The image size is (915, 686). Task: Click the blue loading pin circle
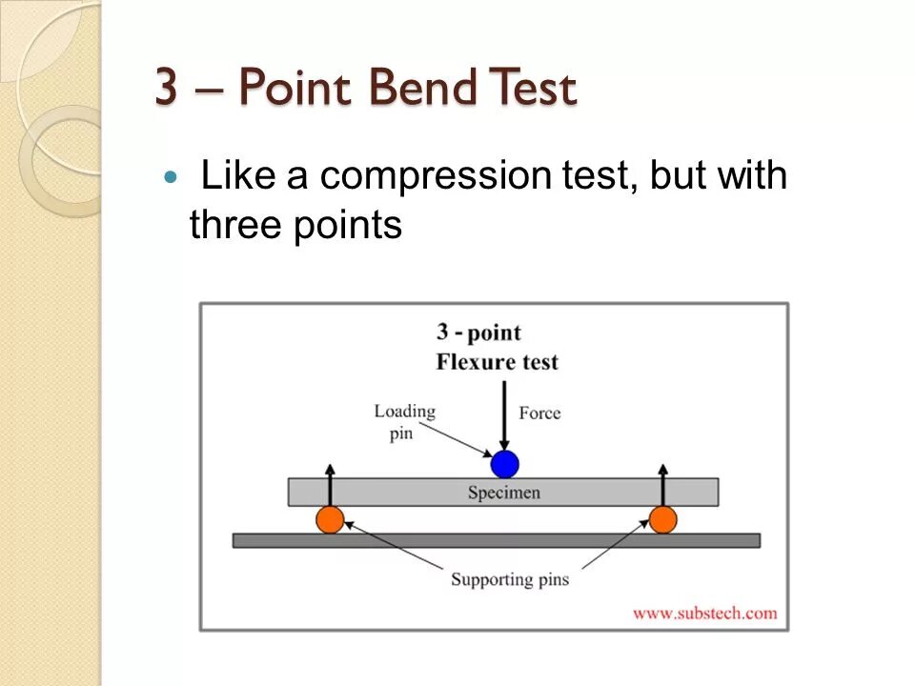click(x=504, y=464)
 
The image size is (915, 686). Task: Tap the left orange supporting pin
click(x=330, y=519)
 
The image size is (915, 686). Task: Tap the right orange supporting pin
click(x=662, y=519)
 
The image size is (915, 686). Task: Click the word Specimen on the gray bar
click(x=503, y=493)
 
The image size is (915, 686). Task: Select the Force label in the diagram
click(x=539, y=413)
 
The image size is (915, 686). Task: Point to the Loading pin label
click(x=404, y=421)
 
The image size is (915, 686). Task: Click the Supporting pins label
click(x=509, y=578)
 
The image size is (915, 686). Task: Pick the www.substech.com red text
click(x=704, y=613)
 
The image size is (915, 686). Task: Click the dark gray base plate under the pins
click(x=496, y=540)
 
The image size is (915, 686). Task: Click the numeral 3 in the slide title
click(x=167, y=90)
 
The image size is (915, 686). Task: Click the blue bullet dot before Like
click(x=171, y=177)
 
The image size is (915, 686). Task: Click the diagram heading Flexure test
click(x=497, y=362)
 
